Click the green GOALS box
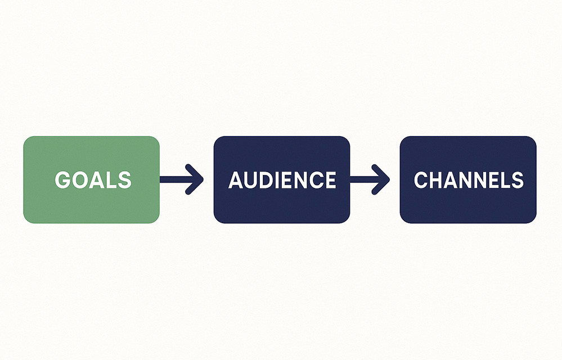pos(91,179)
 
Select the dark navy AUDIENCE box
pos(282,179)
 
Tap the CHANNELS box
pos(468,179)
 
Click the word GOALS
pos(93,179)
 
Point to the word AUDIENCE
pos(282,179)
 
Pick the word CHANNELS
pos(469,179)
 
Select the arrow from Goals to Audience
pos(181,179)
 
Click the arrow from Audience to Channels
pos(370,179)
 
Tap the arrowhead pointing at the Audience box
pos(195,179)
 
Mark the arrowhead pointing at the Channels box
pos(381,179)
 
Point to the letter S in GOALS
pos(124,179)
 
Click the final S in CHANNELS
pos(517,179)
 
